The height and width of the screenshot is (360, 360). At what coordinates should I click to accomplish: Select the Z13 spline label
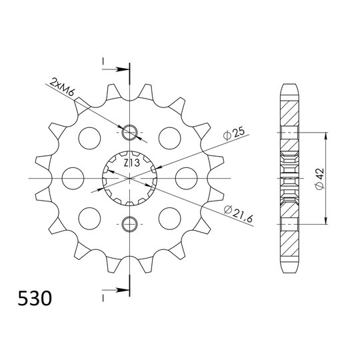tap(130, 162)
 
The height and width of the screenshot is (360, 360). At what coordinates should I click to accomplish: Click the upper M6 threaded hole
tap(130, 133)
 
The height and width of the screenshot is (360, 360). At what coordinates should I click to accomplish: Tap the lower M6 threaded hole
tap(130, 223)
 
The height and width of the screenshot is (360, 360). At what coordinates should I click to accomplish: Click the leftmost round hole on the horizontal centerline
tap(72, 177)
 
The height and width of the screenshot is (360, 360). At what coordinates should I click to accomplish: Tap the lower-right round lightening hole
tap(169, 217)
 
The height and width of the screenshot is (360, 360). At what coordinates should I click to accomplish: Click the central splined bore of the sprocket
tap(129, 179)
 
